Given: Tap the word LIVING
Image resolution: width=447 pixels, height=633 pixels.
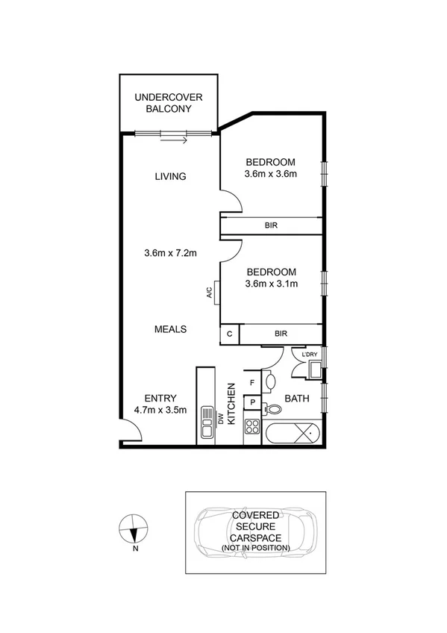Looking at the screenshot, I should point(170,177).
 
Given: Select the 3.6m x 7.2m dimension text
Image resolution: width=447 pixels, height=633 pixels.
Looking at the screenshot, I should point(170,253).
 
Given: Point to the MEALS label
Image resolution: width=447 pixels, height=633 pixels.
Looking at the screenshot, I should point(170,329).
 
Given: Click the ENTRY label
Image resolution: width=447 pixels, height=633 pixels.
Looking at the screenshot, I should point(160,399).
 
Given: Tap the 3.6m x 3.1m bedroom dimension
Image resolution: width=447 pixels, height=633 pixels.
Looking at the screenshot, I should point(271,284).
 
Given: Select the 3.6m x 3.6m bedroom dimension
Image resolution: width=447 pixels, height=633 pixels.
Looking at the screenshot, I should point(271,175).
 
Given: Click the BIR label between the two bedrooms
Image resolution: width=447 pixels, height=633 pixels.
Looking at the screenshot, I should point(270,225).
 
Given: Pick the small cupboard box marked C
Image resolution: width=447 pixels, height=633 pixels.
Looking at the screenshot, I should point(229,334).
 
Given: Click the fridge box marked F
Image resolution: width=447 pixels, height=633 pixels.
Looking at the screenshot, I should point(253,383).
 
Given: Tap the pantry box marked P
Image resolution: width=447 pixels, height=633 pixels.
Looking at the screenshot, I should point(253,402).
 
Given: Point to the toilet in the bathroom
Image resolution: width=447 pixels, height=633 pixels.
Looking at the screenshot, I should point(275,409).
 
